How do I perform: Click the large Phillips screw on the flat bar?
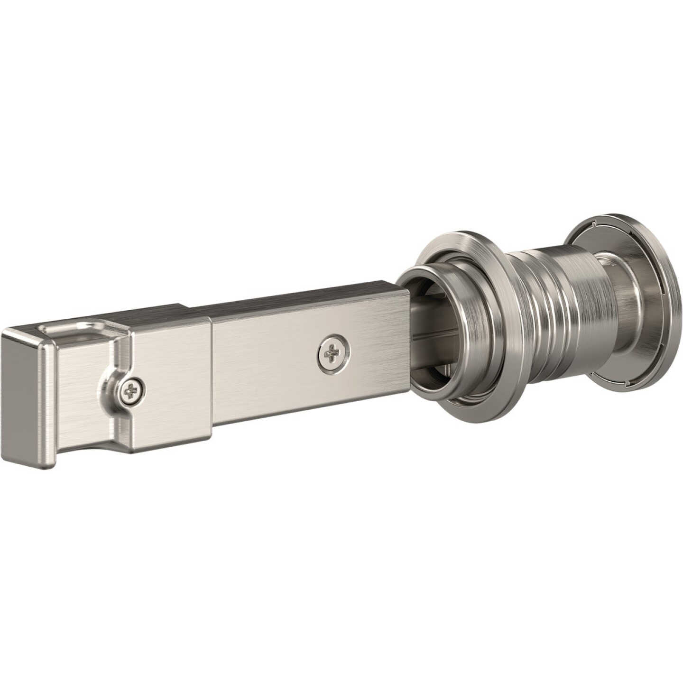pyautogui.click(x=334, y=354)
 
